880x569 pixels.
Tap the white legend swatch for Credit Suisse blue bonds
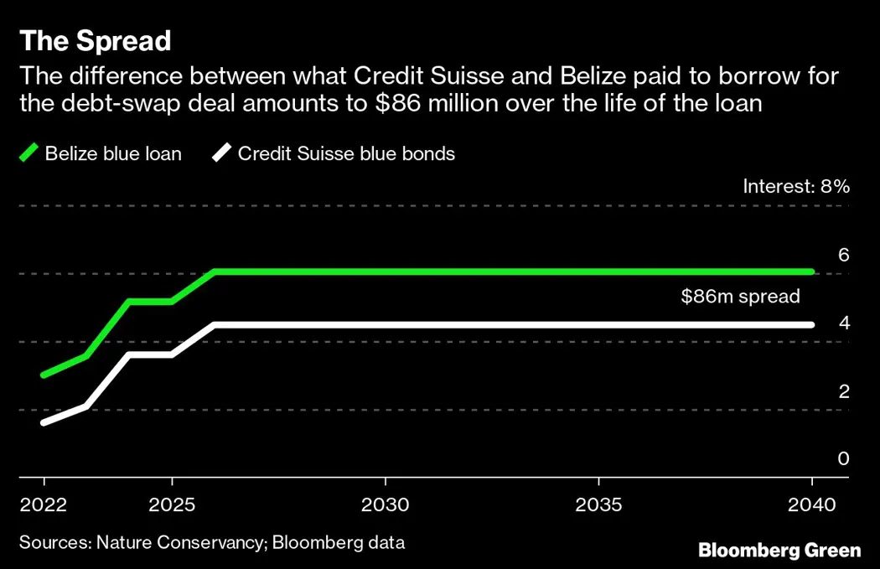[221, 153]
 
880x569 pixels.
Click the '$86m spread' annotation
[740, 296]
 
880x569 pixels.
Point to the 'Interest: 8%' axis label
[796, 186]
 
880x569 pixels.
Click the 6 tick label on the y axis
[843, 254]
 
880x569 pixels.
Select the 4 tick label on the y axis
[843, 323]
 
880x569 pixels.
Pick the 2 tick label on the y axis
[843, 391]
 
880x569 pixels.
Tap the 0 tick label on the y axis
[843, 458]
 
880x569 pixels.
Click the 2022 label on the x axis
[44, 505]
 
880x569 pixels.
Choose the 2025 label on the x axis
[172, 505]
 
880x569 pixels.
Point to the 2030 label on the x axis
[385, 505]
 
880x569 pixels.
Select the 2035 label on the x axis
[598, 505]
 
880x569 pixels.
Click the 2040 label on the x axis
[811, 505]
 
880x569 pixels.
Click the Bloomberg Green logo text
[779, 551]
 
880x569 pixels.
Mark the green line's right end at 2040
[811, 272]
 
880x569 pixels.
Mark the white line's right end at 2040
[811, 324]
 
